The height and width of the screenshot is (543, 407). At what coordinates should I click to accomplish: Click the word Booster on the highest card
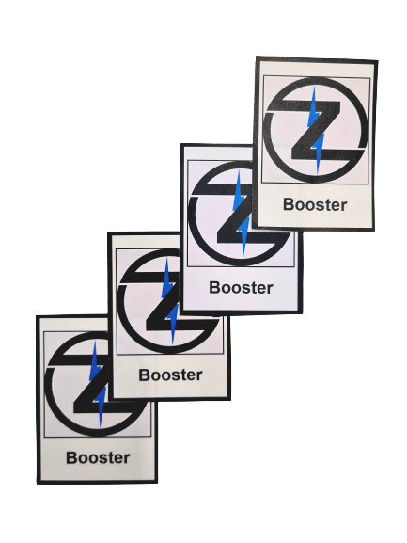click(315, 204)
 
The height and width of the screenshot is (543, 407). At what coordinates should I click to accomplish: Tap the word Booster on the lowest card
click(98, 457)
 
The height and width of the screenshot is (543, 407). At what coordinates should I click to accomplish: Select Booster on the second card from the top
click(241, 288)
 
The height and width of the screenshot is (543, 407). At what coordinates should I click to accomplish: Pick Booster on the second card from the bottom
click(170, 375)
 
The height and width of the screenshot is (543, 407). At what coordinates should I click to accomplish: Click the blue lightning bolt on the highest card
click(317, 130)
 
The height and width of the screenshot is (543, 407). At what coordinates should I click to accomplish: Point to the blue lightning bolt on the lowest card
click(98, 384)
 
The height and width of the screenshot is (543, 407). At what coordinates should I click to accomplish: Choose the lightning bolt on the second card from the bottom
click(169, 301)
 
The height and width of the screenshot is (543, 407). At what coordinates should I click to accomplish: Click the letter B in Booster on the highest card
click(290, 204)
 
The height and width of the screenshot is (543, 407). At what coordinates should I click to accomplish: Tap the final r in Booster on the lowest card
click(127, 459)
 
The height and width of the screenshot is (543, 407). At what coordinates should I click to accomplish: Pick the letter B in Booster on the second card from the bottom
click(145, 375)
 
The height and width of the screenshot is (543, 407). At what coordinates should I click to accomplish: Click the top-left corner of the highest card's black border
click(257, 57)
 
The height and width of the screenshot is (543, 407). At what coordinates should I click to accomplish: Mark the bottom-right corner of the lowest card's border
click(157, 482)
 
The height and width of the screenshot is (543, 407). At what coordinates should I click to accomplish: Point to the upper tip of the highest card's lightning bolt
click(314, 86)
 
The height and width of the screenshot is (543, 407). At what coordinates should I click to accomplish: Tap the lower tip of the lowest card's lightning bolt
click(101, 428)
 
